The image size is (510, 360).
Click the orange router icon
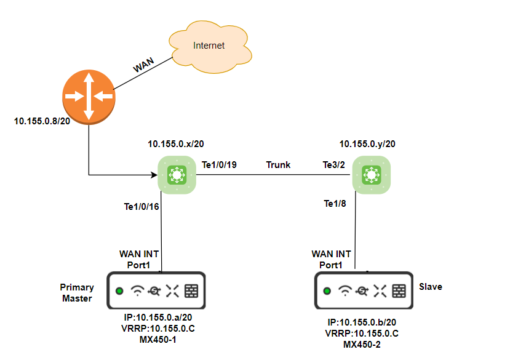click(x=89, y=97)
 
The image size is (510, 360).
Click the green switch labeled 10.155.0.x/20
click(x=177, y=175)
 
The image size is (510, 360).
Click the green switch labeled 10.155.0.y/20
click(x=371, y=175)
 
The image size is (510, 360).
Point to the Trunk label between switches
click(x=278, y=165)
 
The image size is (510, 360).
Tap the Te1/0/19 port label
click(x=220, y=165)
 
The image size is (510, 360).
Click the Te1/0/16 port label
click(x=141, y=207)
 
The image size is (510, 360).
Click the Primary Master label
click(x=77, y=292)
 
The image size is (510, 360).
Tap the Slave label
click(x=431, y=287)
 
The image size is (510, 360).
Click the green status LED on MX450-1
click(x=119, y=291)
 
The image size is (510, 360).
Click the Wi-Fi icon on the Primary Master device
click(x=139, y=290)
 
